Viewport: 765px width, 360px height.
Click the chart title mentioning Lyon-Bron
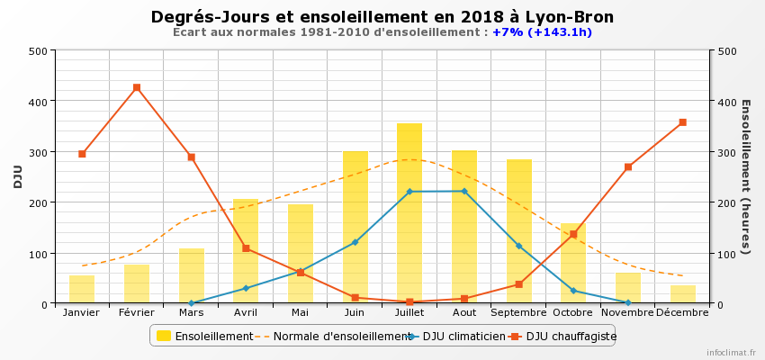coord(382,17)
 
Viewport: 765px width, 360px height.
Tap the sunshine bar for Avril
coord(246,251)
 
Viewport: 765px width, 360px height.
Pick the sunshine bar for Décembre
coord(682,294)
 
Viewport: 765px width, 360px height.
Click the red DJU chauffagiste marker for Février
coord(137,87)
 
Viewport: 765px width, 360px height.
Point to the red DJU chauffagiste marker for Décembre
coord(682,122)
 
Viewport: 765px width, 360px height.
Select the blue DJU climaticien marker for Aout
coord(464,191)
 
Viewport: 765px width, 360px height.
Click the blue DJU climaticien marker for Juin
coord(355,242)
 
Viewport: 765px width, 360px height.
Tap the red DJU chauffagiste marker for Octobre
coord(573,234)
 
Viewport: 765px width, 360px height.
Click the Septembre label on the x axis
coord(518,312)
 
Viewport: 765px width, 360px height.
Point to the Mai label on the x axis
coord(300,312)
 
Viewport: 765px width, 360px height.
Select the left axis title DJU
coord(18,176)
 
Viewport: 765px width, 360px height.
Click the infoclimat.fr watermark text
coord(731,353)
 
